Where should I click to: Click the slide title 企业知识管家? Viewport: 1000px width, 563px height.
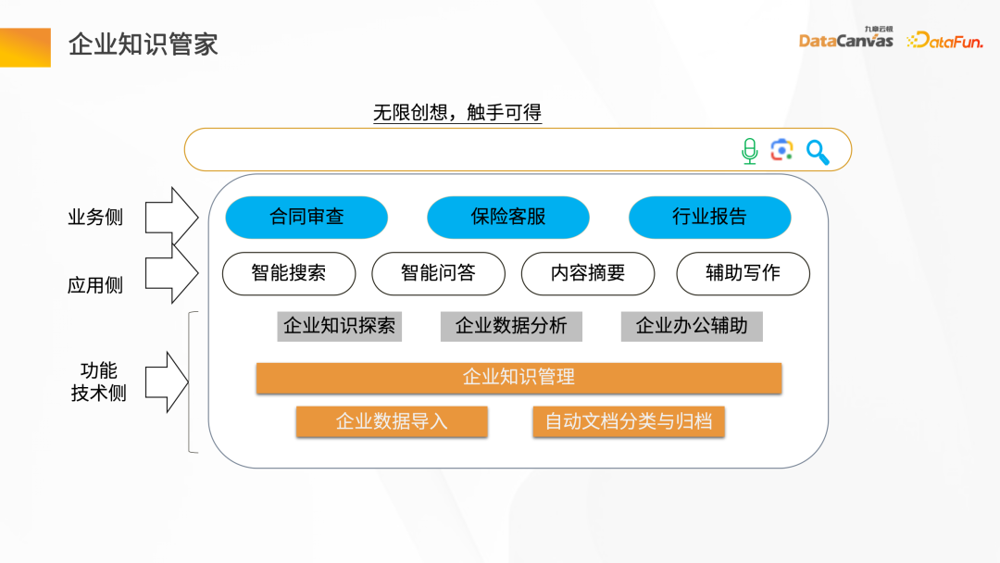(x=144, y=44)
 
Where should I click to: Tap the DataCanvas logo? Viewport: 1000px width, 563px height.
(x=845, y=39)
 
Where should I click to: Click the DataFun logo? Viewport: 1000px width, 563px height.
(x=944, y=40)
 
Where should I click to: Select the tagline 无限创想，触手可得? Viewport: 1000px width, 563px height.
(x=456, y=113)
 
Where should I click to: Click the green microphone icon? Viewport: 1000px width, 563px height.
(x=749, y=151)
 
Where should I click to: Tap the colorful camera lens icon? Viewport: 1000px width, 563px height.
(x=782, y=150)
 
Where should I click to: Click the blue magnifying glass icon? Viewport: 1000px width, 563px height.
(x=818, y=152)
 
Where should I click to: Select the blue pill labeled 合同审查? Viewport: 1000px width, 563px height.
(x=306, y=218)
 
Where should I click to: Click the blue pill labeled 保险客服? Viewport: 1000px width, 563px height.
(x=507, y=218)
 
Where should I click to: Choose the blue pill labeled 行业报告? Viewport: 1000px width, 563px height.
(x=709, y=218)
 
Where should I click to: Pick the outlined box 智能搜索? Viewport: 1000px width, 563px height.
(x=289, y=273)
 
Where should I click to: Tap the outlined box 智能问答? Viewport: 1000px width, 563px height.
(x=438, y=273)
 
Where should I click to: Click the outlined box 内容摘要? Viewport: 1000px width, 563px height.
(x=588, y=273)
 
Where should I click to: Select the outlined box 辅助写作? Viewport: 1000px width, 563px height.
(x=743, y=273)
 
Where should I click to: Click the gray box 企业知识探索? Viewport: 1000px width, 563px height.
(x=339, y=326)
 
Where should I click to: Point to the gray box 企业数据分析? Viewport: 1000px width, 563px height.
(x=511, y=326)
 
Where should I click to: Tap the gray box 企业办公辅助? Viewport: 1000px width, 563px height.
(x=692, y=326)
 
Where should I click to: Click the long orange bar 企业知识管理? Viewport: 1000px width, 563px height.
(x=519, y=378)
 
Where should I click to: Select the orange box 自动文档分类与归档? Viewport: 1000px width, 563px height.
(x=628, y=422)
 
